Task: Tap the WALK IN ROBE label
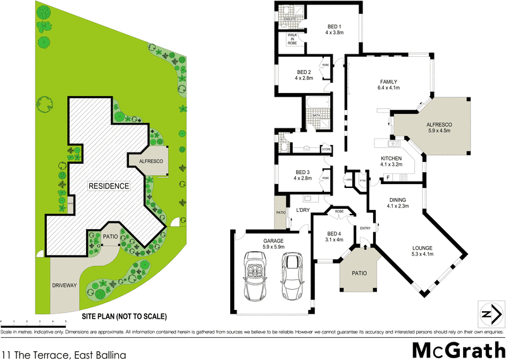292,39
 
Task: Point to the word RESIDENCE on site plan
109,186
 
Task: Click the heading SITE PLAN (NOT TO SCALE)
123,316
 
